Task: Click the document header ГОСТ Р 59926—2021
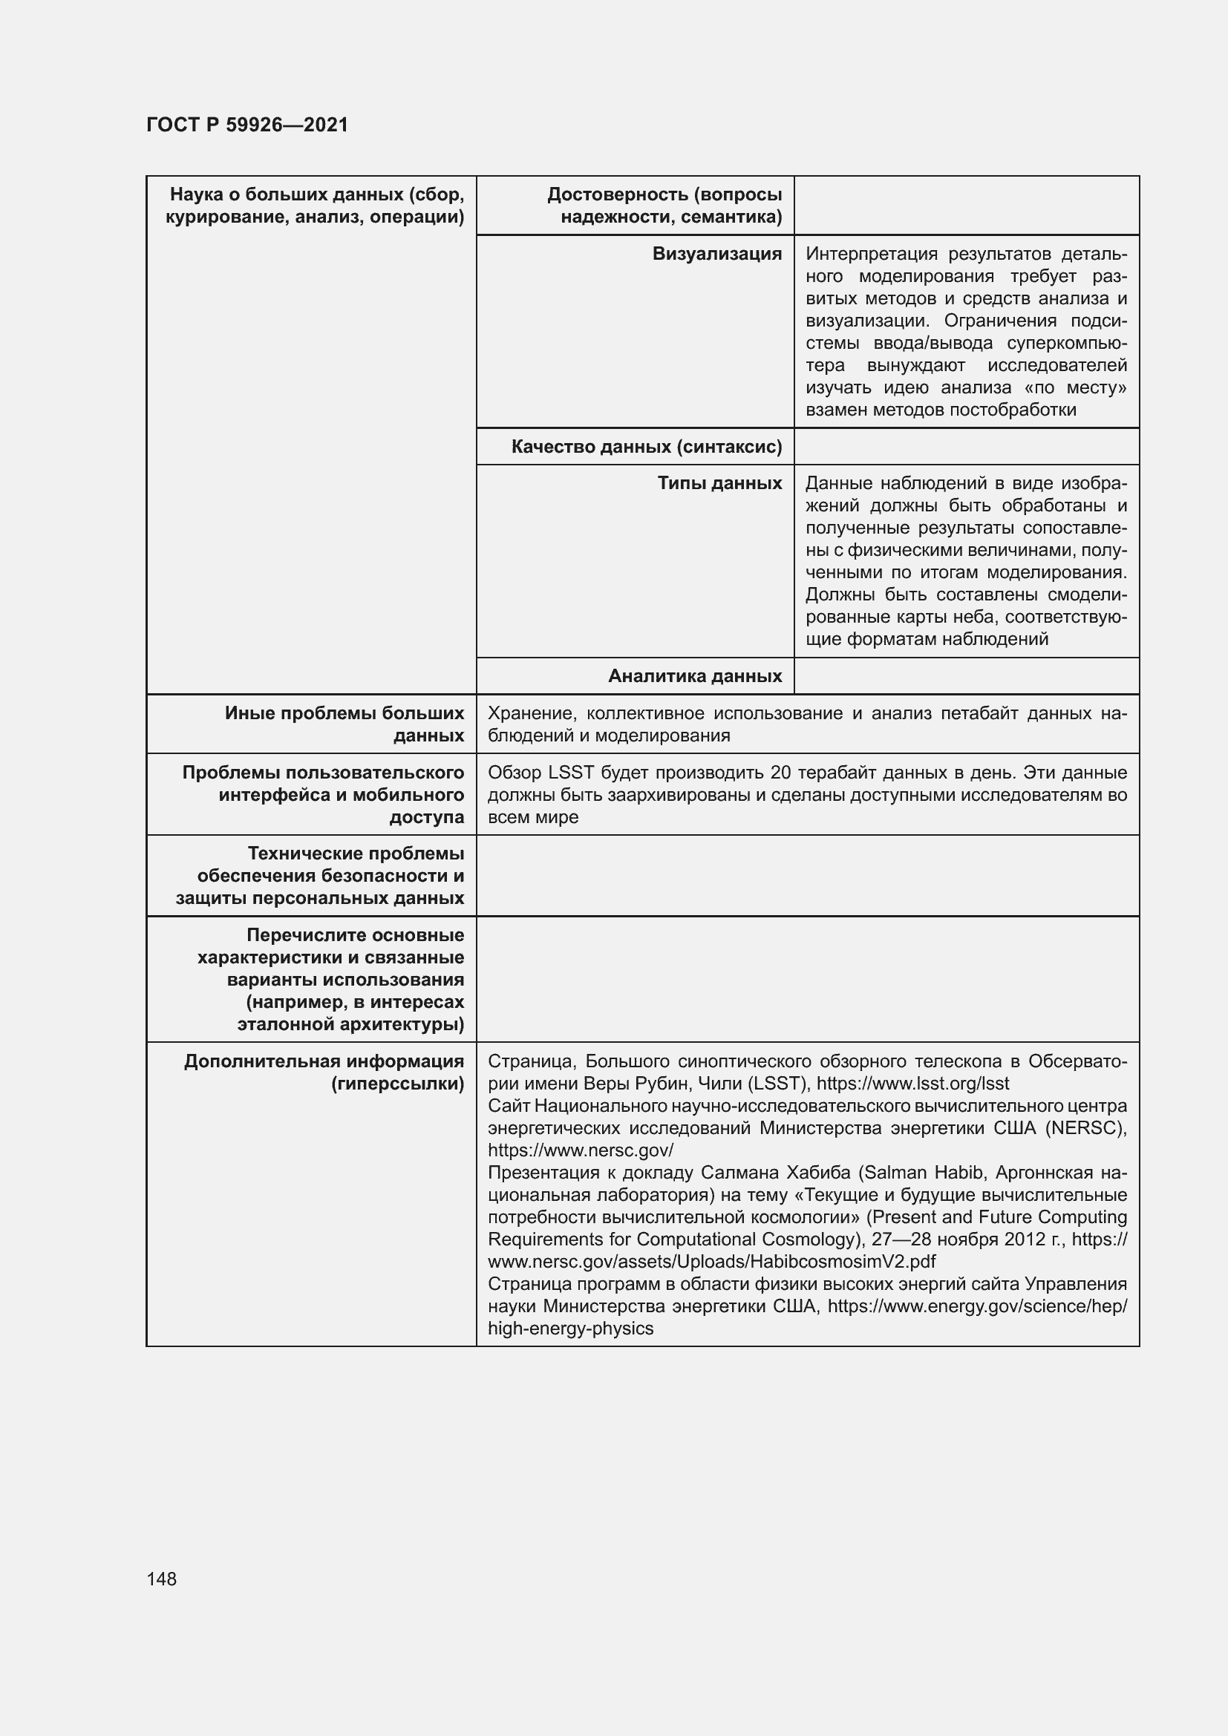tap(247, 125)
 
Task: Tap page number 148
tap(162, 1579)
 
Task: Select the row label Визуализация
tap(717, 254)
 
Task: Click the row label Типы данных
tap(719, 483)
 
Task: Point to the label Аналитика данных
tap(695, 676)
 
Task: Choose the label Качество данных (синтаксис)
tap(647, 447)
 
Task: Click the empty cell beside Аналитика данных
tap(966, 676)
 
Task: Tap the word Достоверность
tap(613, 195)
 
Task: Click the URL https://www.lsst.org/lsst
tap(912, 1084)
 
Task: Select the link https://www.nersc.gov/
tap(580, 1150)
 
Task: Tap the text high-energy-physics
tap(570, 1329)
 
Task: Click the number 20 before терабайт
tap(780, 773)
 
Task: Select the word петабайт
tap(979, 714)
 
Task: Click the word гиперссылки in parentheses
tap(398, 1084)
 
